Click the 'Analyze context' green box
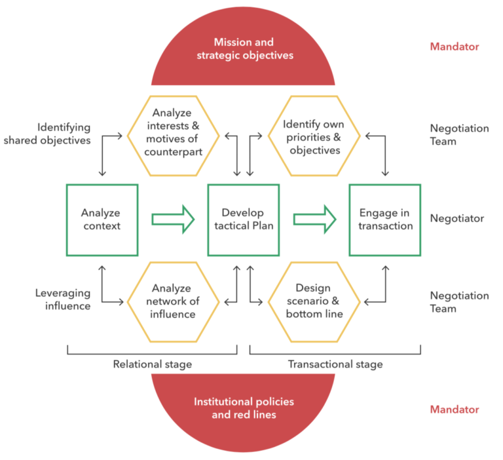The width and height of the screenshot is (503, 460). click(102, 220)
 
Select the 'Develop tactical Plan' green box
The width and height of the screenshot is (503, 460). click(243, 220)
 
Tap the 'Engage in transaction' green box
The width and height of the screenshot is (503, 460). click(385, 220)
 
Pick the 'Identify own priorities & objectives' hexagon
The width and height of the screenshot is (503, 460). click(314, 136)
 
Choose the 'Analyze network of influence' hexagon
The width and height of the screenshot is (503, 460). click(172, 301)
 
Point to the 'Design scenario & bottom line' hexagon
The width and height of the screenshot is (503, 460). click(314, 301)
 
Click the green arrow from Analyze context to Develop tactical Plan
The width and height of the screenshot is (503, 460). click(172, 219)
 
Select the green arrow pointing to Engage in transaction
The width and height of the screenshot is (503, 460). click(314, 219)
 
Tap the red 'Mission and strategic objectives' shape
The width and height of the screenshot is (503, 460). click(244, 49)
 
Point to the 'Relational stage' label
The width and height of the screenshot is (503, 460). click(152, 364)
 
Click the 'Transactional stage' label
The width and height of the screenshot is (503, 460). click(335, 364)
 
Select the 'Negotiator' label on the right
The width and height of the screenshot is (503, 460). click(456, 219)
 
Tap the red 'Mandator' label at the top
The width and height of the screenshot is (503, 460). click(454, 47)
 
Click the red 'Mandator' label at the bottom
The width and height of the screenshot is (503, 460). click(454, 410)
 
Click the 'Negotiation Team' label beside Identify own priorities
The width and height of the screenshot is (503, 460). click(459, 135)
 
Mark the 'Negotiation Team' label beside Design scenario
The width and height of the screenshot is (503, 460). click(459, 302)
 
